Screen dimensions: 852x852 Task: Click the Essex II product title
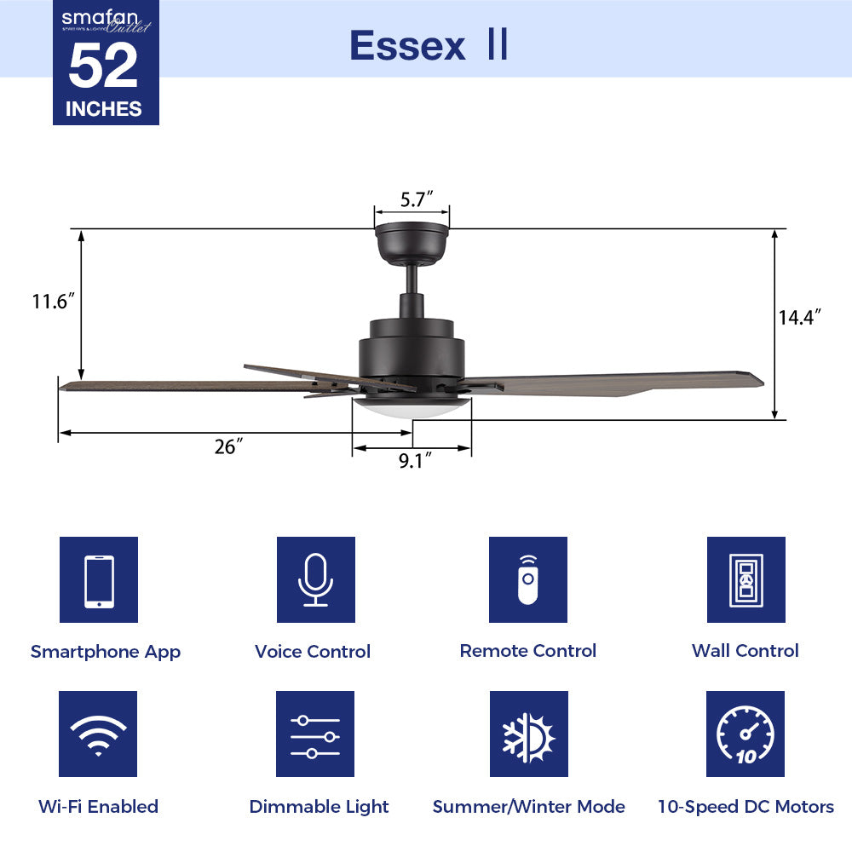[429, 45]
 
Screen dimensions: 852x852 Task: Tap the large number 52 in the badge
[103, 66]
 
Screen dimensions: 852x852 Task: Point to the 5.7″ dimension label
[412, 200]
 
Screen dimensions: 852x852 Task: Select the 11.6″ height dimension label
[54, 301]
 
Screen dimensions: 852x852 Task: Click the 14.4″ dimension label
[798, 318]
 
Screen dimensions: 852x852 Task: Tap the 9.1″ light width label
[413, 461]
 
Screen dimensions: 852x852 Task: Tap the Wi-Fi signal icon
[98, 734]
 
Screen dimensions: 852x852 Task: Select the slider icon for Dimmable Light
[314, 734]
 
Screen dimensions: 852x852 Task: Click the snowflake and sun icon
[528, 734]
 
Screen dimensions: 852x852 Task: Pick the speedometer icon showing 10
[745, 734]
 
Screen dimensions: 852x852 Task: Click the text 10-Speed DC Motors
[745, 806]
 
